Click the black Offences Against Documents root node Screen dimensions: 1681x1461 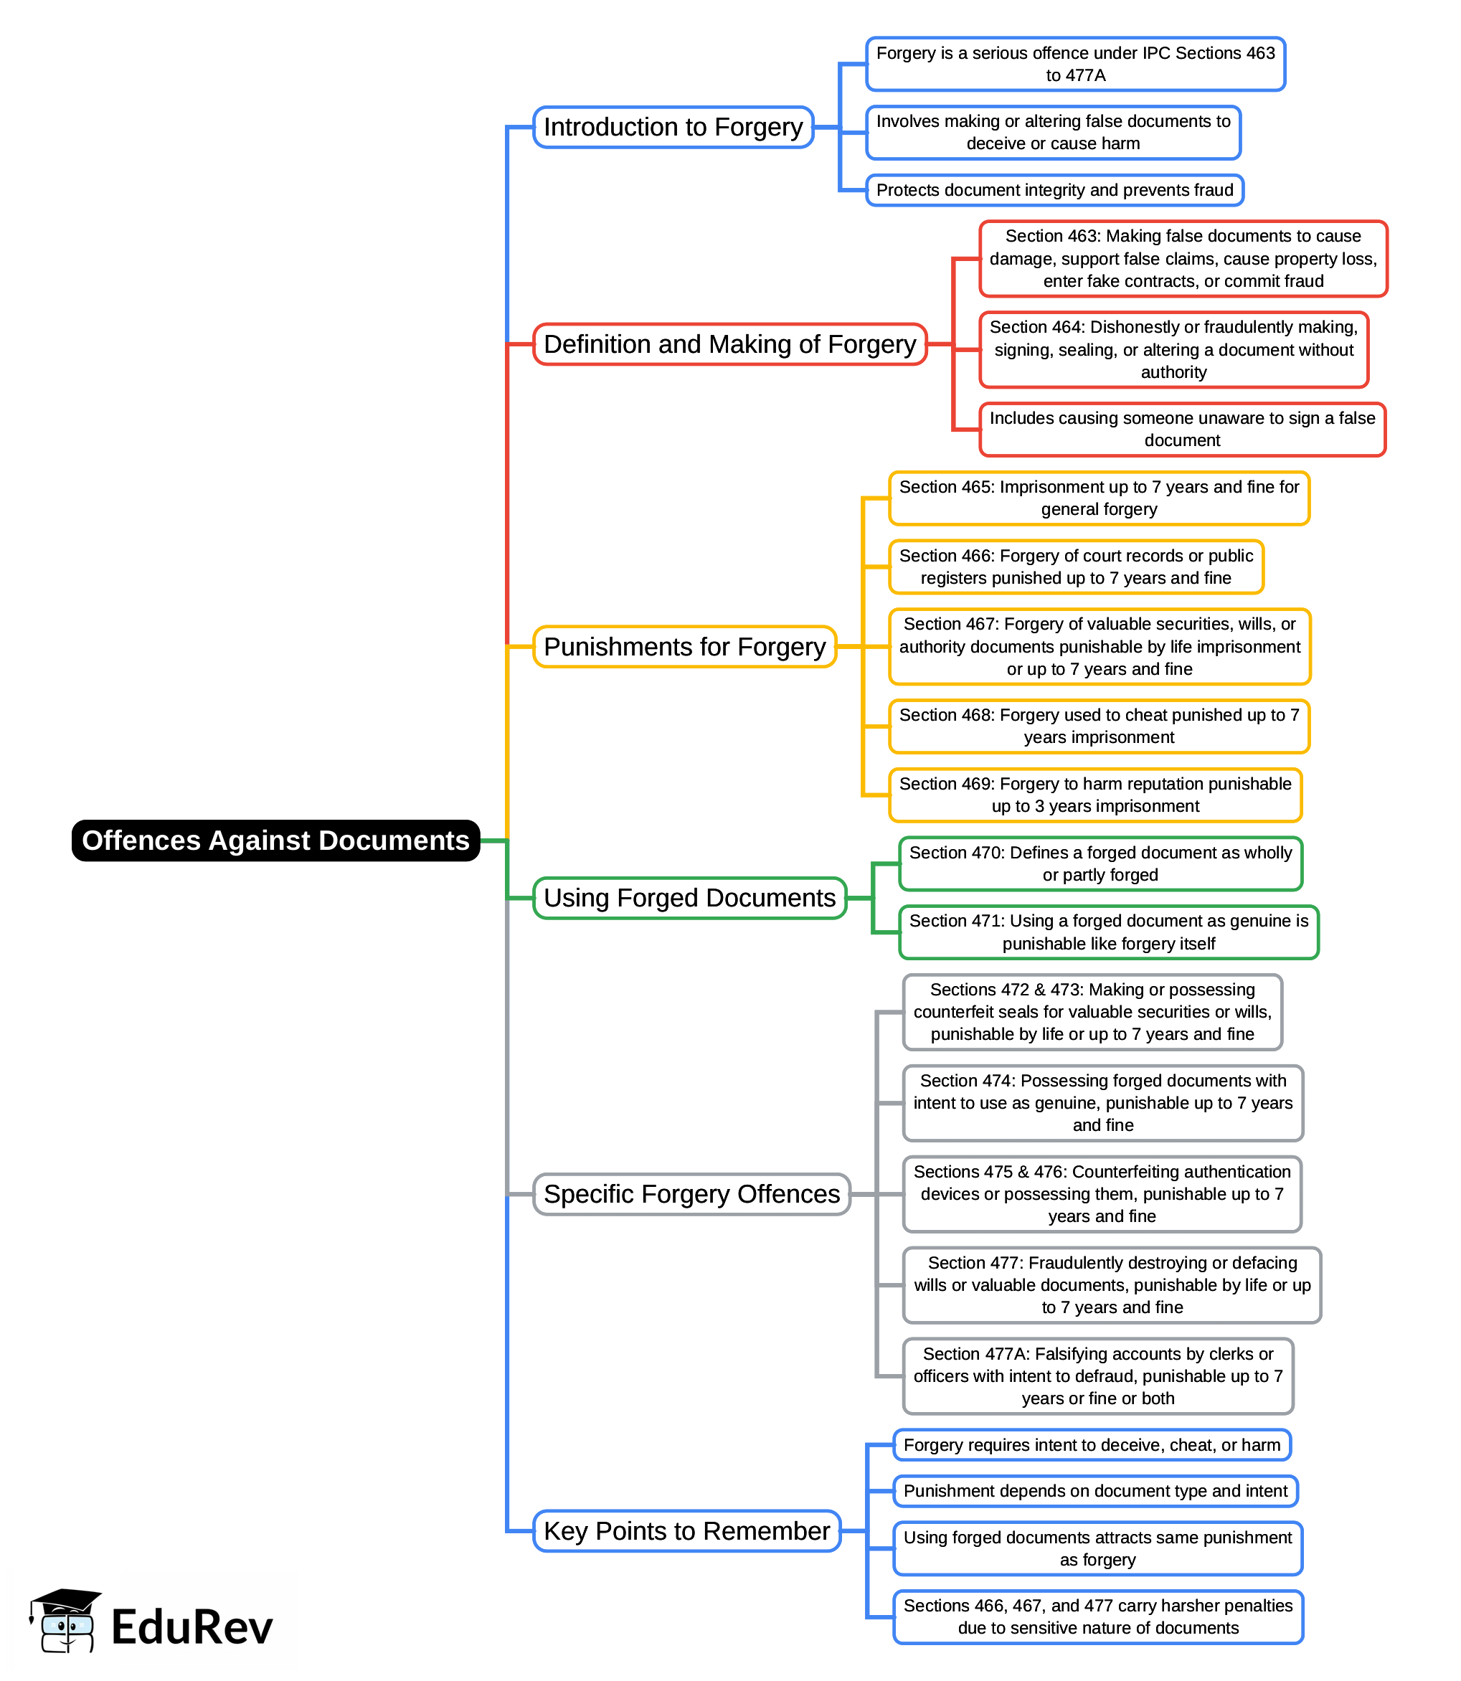(x=275, y=840)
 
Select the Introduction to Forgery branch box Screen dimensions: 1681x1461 (x=673, y=127)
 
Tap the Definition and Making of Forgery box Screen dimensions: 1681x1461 (x=729, y=344)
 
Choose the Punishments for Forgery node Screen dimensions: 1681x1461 (x=685, y=646)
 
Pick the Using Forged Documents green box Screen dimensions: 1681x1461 (x=690, y=898)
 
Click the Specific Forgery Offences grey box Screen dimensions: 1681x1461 (x=691, y=1193)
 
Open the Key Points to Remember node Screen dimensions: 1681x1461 (x=686, y=1530)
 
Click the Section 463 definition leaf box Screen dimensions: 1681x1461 (x=1183, y=258)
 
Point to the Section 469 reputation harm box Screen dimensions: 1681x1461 (x=1095, y=795)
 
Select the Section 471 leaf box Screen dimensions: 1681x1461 (x=1109, y=932)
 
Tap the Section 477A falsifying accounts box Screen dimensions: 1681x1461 (x=1098, y=1375)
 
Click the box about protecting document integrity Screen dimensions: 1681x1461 (x=1054, y=190)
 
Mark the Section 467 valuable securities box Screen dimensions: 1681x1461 (x=1099, y=646)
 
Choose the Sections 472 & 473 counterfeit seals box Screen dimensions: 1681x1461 (x=1092, y=1012)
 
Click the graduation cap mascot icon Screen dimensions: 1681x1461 (x=65, y=1621)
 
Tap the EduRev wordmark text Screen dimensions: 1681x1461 (x=192, y=1627)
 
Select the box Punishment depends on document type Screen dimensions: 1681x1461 (x=1095, y=1490)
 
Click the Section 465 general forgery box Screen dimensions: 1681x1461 (x=1099, y=498)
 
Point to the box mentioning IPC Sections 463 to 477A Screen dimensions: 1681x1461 (x=1075, y=64)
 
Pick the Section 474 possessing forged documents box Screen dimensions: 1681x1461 (x=1103, y=1102)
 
